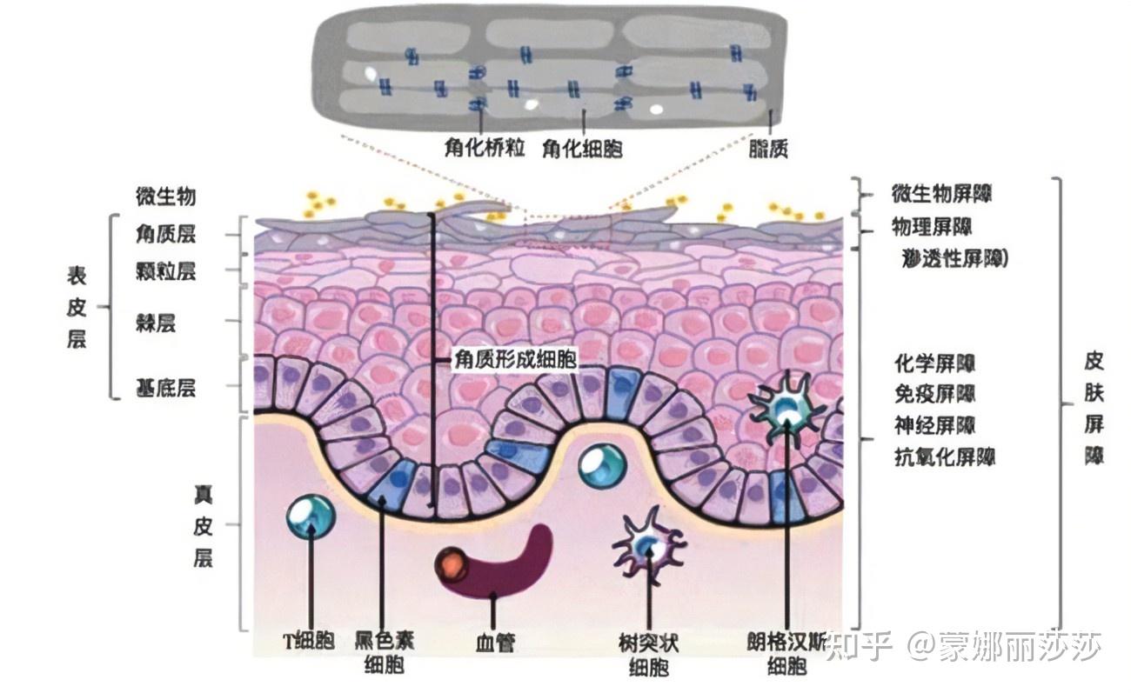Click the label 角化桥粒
(x=484, y=148)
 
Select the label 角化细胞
(x=582, y=148)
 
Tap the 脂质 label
(x=768, y=149)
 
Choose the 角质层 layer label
(x=165, y=234)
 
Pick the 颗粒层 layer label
(x=165, y=270)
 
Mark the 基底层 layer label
(x=165, y=387)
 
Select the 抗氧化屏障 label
(x=945, y=456)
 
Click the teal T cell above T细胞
(x=311, y=516)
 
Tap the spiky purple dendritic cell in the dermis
(x=648, y=545)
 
